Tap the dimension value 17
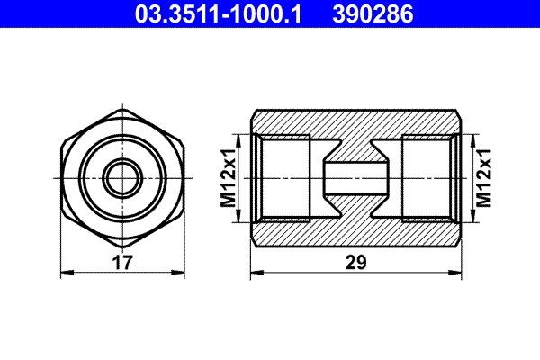[x=122, y=263]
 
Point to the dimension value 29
[x=358, y=263]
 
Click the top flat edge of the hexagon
[x=122, y=110]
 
